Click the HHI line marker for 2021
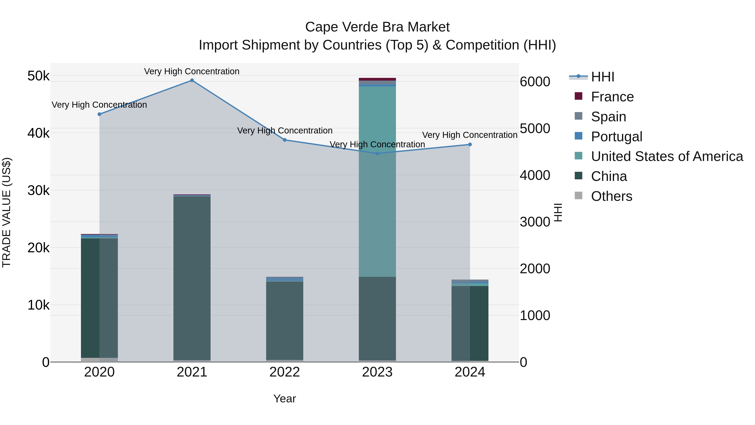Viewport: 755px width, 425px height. [x=192, y=80]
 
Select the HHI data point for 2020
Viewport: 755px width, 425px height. [x=99, y=114]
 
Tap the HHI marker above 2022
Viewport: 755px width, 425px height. [x=285, y=140]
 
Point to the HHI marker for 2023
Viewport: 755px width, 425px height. [x=377, y=153]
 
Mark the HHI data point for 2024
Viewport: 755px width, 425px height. [x=470, y=144]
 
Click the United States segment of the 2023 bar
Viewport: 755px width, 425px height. [x=377, y=182]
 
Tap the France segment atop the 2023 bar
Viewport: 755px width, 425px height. [x=377, y=79]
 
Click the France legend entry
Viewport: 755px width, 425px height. [x=612, y=97]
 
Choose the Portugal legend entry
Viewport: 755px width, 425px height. [x=616, y=137]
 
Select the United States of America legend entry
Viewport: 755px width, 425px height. [x=667, y=156]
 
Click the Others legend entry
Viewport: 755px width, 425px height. [x=611, y=196]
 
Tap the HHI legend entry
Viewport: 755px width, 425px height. [x=602, y=77]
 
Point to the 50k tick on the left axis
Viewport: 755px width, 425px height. [x=38, y=76]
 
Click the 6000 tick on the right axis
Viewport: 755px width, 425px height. [x=535, y=82]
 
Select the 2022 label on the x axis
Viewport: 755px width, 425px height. [x=285, y=372]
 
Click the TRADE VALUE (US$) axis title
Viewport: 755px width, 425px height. [x=7, y=212]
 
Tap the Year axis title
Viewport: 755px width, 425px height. [x=285, y=399]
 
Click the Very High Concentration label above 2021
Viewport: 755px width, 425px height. [x=192, y=71]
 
